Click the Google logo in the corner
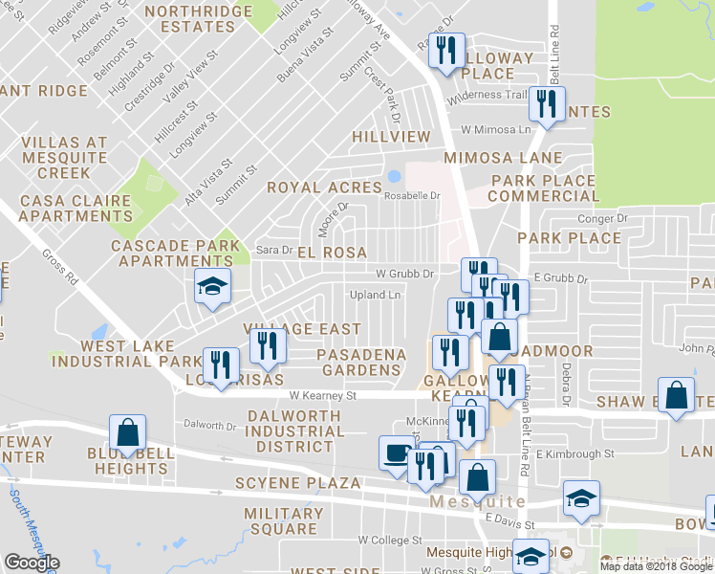point(32,563)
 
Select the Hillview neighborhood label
point(391,137)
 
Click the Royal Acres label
point(324,188)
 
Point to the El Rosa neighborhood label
point(332,253)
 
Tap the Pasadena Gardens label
point(361,362)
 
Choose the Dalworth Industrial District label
point(296,430)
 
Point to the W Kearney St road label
point(322,394)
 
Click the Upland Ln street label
point(375,295)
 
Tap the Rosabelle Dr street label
point(411,195)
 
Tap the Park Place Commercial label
point(543,188)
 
